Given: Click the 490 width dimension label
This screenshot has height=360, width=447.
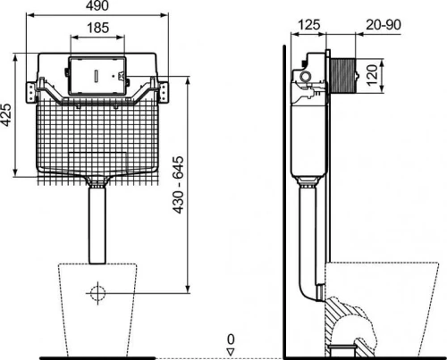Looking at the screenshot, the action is (97, 5).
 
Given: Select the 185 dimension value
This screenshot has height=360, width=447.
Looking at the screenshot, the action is (98, 28).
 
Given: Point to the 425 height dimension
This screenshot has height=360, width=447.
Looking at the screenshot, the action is (6, 114).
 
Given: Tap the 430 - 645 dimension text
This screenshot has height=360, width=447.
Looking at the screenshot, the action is (179, 185).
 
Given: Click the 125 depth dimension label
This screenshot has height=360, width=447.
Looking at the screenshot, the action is (309, 25).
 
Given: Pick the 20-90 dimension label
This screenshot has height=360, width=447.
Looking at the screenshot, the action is (384, 25).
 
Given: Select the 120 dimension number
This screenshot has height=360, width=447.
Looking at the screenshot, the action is (372, 76).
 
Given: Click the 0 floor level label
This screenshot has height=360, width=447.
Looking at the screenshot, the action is (231, 339).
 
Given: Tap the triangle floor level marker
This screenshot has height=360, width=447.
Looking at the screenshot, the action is (231, 352).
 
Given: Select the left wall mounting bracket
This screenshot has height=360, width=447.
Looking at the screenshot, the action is (31, 92).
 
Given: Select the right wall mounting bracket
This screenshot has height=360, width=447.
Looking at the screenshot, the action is (163, 92).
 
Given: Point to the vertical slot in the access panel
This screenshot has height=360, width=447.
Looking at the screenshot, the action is (97, 76).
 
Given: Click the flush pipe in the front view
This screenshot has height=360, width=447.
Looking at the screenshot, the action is (97, 225).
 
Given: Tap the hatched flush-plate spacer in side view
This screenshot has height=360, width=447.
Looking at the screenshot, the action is (342, 75).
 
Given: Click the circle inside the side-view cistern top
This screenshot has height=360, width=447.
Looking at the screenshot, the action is (305, 77).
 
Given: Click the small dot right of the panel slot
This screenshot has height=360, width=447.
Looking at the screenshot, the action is (114, 76).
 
